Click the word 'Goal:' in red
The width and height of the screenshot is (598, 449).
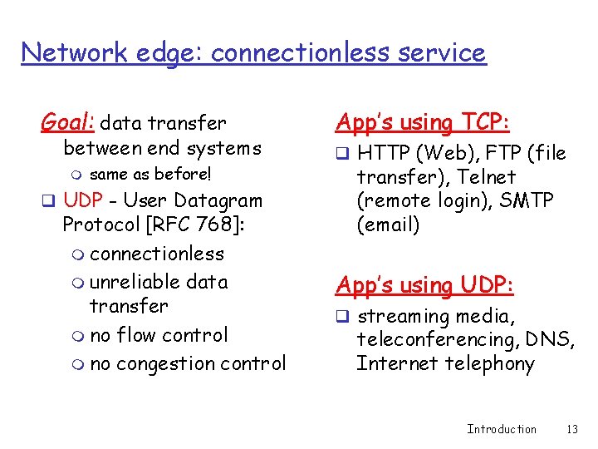click(x=68, y=123)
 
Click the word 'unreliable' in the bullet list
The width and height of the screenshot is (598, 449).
click(x=135, y=282)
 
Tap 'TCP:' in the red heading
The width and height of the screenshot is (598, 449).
click(x=485, y=123)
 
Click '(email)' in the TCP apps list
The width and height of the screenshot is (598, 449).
click(x=388, y=224)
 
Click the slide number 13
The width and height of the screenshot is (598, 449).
click(x=571, y=429)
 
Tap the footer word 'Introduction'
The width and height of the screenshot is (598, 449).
click(x=502, y=429)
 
